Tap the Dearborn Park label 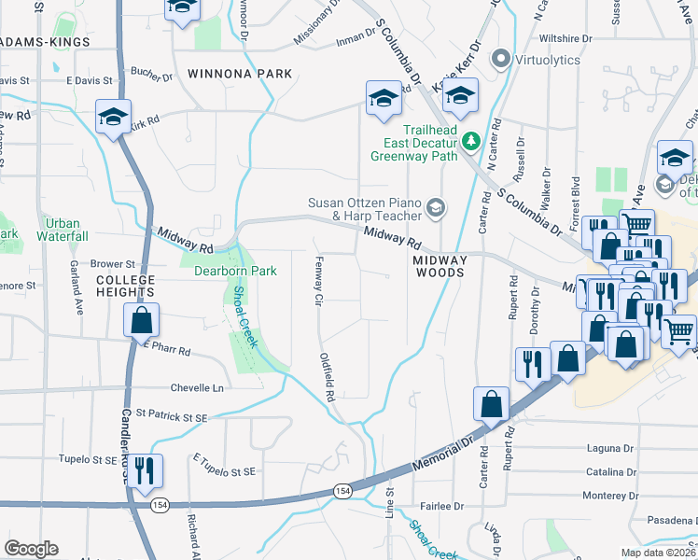(x=235, y=272)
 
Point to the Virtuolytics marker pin (x=501, y=60)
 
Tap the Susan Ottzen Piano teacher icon (x=434, y=208)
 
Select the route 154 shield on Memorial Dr (x=343, y=490)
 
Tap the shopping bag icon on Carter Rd (x=491, y=403)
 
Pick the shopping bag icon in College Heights (x=141, y=320)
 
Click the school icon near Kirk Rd (x=113, y=117)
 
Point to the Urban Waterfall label (x=63, y=230)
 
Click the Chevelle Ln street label (x=198, y=387)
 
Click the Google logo (x=31, y=549)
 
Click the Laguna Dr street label (x=612, y=449)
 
